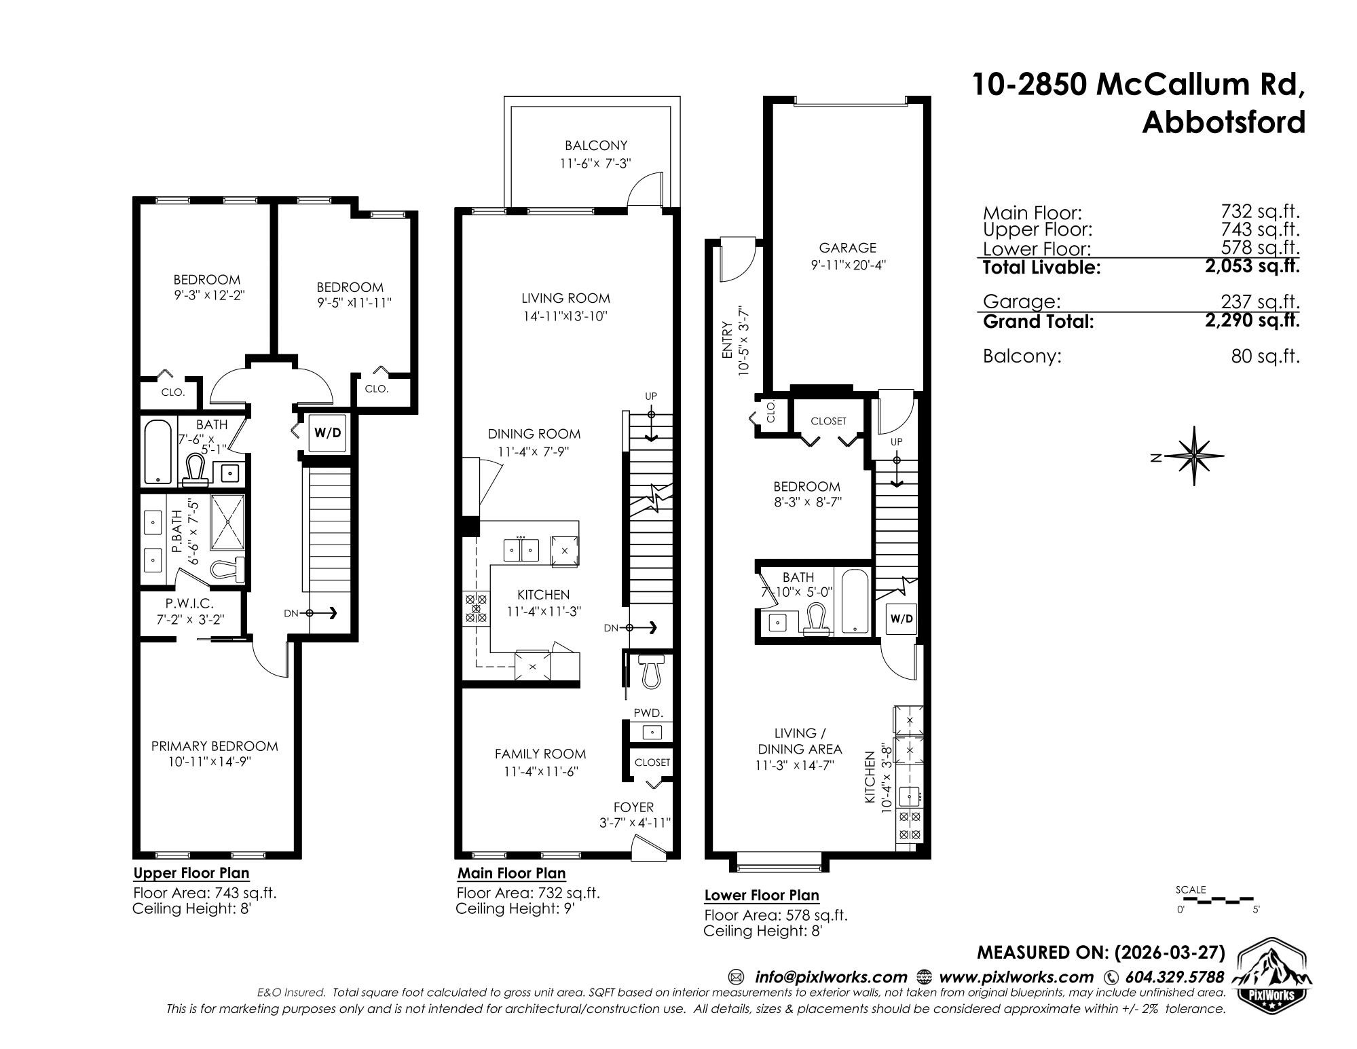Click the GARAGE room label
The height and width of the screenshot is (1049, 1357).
(847, 248)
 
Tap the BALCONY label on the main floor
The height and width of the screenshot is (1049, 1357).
(596, 145)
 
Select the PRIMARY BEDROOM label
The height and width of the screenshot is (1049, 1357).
(215, 746)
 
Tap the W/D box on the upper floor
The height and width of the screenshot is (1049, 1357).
(328, 433)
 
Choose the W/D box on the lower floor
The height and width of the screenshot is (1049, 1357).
(901, 619)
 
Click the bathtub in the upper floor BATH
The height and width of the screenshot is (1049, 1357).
(159, 451)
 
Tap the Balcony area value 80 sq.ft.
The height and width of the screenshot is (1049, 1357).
(1265, 356)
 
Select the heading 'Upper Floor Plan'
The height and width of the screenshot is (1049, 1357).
(191, 873)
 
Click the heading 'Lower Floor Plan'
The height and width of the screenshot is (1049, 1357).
(762, 896)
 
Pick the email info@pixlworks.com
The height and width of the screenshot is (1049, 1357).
(831, 977)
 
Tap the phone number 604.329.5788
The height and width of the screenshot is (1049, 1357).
(1175, 977)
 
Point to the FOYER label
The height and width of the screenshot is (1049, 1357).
(633, 807)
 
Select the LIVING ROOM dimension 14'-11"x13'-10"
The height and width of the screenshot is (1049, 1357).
(565, 316)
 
